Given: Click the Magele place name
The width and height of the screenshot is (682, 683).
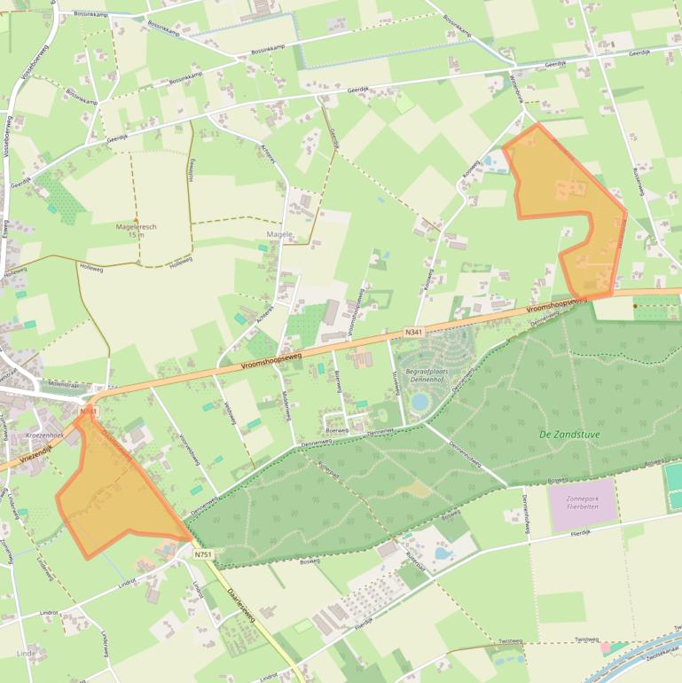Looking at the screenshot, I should pyautogui.click(x=279, y=234).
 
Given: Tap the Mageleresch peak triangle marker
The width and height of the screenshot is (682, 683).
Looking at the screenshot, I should pyautogui.click(x=136, y=219).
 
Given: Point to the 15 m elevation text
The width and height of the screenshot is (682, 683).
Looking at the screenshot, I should pyautogui.click(x=136, y=235).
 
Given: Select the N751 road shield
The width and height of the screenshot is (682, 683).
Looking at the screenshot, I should pyautogui.click(x=203, y=554).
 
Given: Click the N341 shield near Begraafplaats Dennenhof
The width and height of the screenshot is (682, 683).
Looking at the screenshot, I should pyautogui.click(x=413, y=332).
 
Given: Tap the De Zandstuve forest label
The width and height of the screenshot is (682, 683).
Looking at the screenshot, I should pyautogui.click(x=569, y=435).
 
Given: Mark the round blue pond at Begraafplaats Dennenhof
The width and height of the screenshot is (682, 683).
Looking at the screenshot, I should pyautogui.click(x=420, y=402).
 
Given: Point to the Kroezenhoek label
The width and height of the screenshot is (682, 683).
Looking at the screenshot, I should pyautogui.click(x=43, y=436).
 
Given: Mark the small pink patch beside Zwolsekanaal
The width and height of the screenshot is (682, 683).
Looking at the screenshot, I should pyautogui.click(x=606, y=647).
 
